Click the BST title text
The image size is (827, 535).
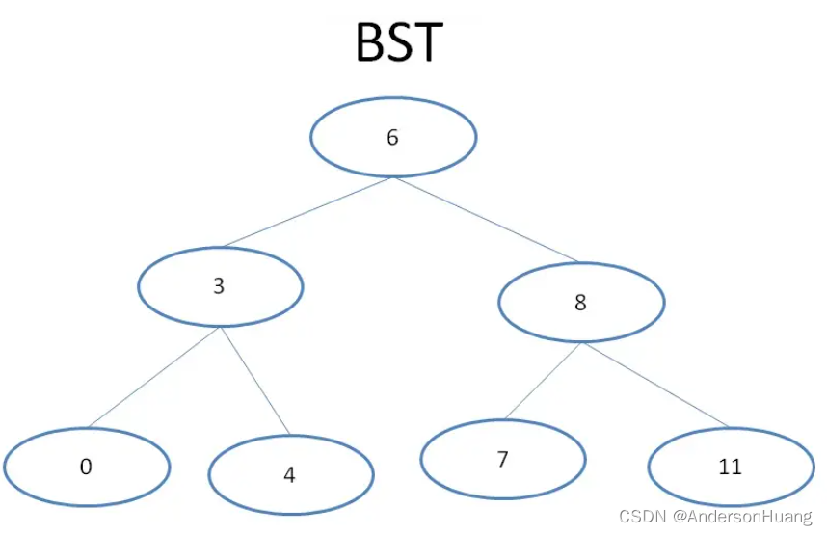(x=399, y=42)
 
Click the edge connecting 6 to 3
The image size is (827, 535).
(x=307, y=212)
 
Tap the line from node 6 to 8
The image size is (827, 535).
(x=485, y=220)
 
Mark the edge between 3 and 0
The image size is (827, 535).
(x=154, y=378)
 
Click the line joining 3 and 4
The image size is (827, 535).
(x=254, y=380)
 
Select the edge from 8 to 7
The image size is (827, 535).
(x=542, y=382)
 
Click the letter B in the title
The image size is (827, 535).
(x=369, y=43)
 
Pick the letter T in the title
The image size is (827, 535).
(x=427, y=43)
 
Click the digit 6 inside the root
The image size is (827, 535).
(x=392, y=137)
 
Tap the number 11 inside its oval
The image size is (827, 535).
(x=730, y=468)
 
